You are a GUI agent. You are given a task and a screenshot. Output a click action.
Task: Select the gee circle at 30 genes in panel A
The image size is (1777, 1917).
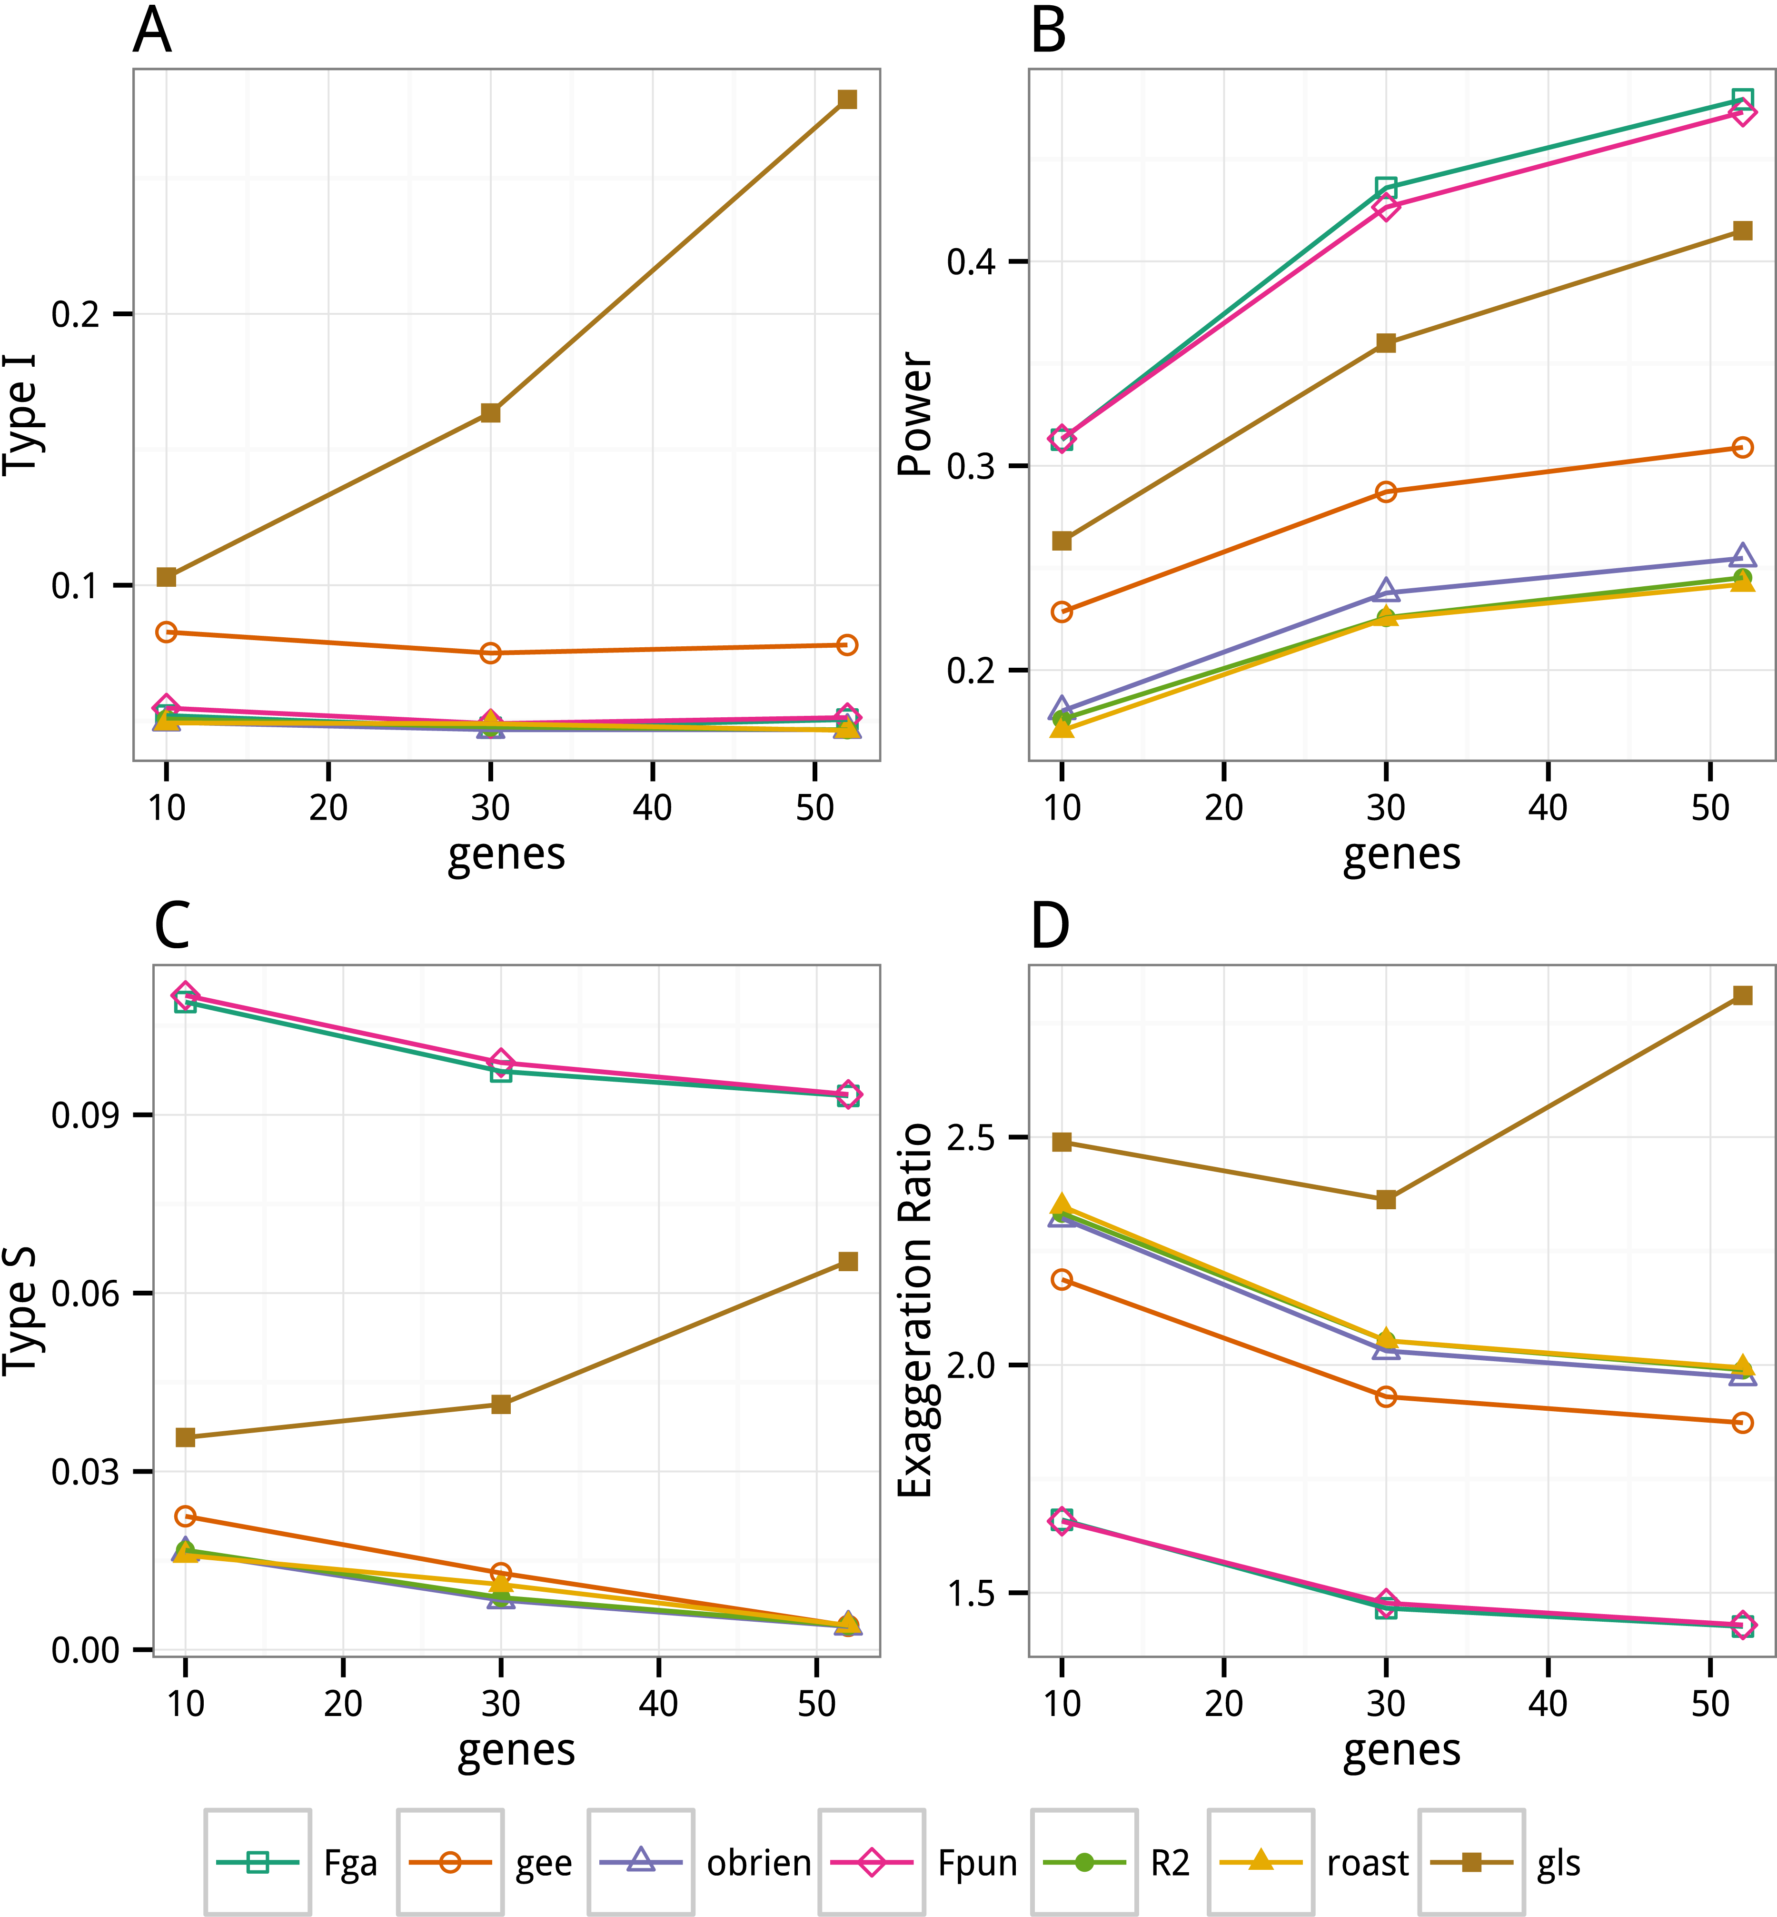pos(490,653)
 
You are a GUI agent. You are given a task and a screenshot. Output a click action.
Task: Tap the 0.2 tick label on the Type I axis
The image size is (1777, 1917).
pos(77,314)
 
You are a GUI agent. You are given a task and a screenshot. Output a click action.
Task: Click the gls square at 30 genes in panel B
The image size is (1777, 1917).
pos(1386,343)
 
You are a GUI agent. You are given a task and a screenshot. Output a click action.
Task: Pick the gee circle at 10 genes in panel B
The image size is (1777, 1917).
pos(1062,612)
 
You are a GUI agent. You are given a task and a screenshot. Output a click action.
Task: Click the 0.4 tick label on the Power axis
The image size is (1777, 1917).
pos(972,261)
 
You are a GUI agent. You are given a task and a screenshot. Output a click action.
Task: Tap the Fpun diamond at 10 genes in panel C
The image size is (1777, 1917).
pos(186,994)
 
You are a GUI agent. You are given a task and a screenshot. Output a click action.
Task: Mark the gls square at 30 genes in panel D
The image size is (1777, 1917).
pos(1386,1199)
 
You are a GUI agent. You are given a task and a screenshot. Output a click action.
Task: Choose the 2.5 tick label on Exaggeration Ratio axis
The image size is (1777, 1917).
pos(972,1138)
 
